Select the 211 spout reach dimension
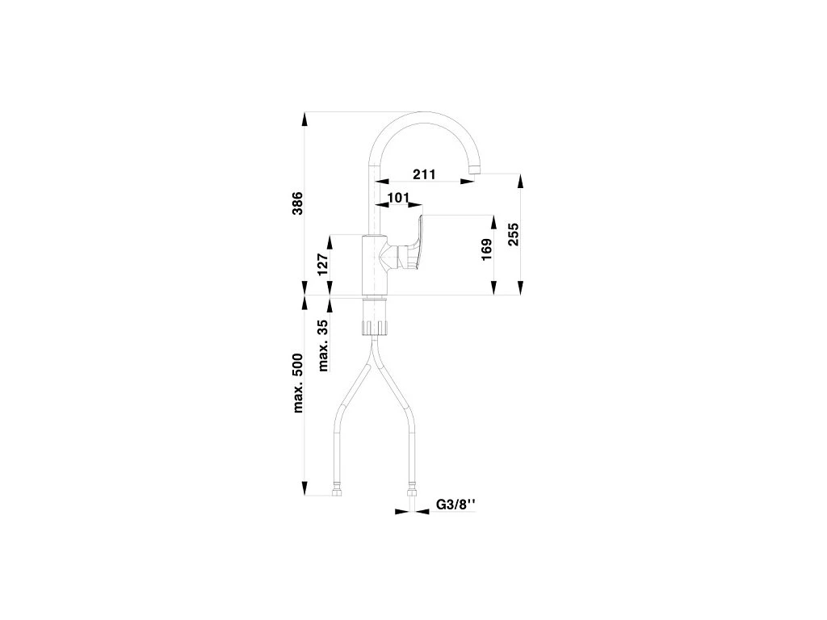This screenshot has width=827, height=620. tap(424, 174)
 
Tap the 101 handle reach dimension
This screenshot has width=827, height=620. tap(398, 197)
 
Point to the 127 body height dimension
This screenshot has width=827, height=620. tap(322, 265)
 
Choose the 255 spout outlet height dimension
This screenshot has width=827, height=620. tap(512, 233)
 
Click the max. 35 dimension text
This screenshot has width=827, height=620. tap(323, 345)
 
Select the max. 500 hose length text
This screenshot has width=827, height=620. tap(297, 383)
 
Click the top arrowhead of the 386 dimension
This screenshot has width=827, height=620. tap(304, 119)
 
